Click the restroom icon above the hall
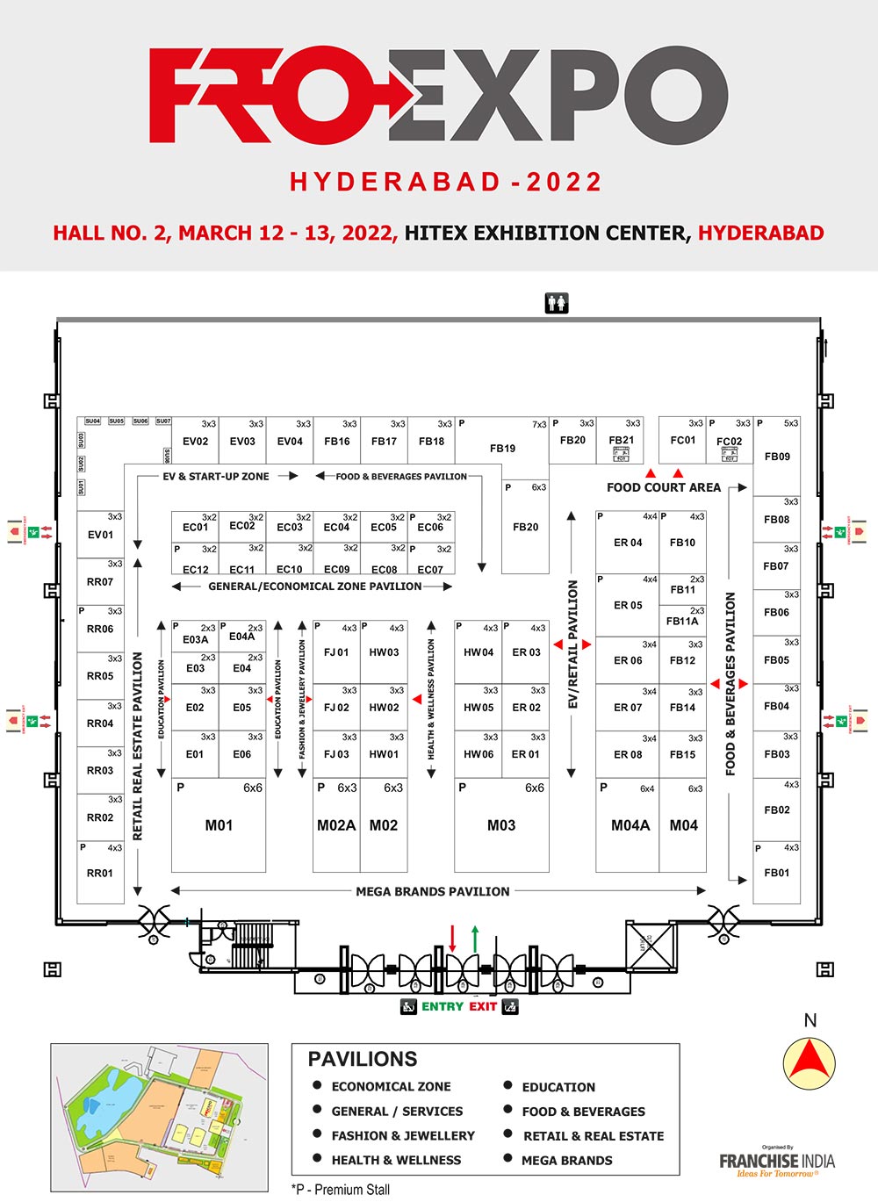click(557, 303)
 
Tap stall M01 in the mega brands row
click(219, 824)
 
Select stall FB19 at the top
click(502, 448)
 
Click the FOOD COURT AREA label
click(663, 487)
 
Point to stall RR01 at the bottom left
click(100, 873)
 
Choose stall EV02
click(195, 441)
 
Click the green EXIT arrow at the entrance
click(475, 939)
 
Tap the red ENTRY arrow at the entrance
click(452, 939)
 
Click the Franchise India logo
click(777, 1162)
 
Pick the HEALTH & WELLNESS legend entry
click(396, 1160)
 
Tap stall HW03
click(384, 652)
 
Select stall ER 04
click(628, 543)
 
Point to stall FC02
click(729, 442)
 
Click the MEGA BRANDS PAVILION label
click(432, 891)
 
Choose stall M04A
click(630, 825)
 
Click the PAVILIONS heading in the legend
click(363, 1059)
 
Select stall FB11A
click(682, 621)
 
